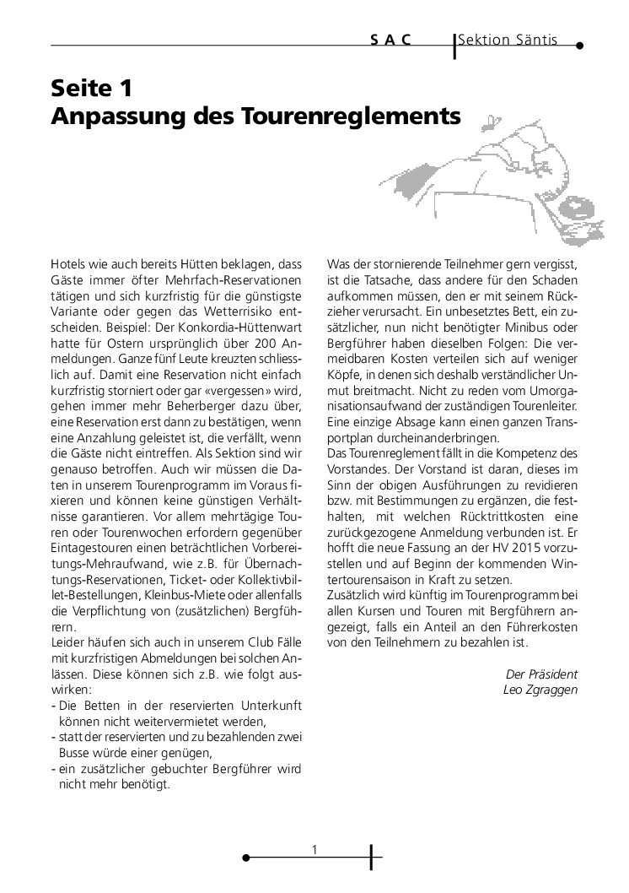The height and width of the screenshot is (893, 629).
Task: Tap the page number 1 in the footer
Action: [314, 849]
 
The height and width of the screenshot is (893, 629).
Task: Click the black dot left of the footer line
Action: [245, 858]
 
